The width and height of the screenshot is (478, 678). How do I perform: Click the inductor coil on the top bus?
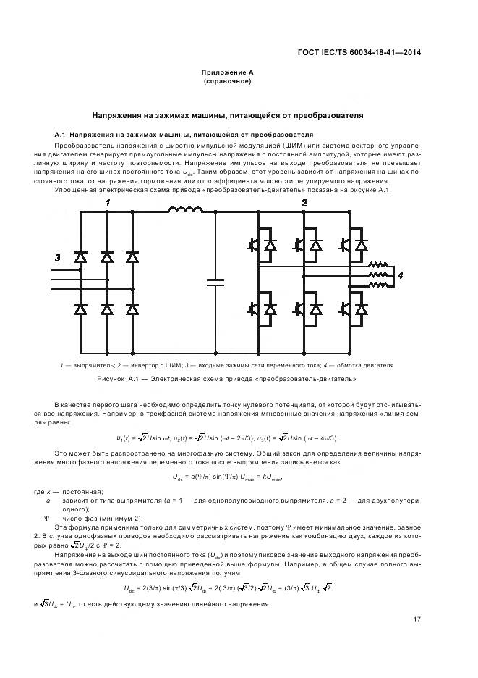pyautogui.click(x=185, y=212)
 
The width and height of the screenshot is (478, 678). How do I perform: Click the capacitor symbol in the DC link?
pyautogui.click(x=215, y=282)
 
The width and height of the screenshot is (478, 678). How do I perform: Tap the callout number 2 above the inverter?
pyautogui.click(x=304, y=203)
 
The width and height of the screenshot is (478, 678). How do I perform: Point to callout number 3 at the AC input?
pyautogui.click(x=57, y=258)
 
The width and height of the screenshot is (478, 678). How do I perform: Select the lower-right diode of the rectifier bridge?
pyautogui.click(x=132, y=309)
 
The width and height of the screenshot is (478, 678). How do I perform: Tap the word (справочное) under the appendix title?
pyautogui.click(x=227, y=82)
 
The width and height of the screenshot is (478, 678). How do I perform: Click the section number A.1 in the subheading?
pyautogui.click(x=61, y=135)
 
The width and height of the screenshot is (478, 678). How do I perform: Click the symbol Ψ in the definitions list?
pyautogui.click(x=48, y=518)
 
